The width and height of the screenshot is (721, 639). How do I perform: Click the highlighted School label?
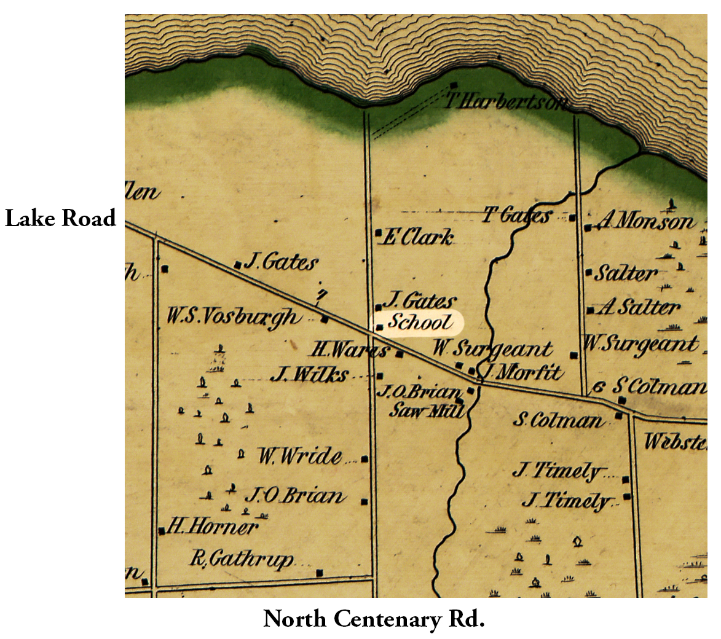(x=420, y=323)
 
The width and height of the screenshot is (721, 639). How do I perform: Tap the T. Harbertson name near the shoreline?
(x=505, y=101)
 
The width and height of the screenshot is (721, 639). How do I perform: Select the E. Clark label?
(x=418, y=237)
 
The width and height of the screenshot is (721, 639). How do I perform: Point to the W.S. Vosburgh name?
(x=234, y=317)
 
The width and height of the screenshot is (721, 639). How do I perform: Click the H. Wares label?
(x=349, y=350)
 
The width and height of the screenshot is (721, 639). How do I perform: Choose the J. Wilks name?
(x=310, y=374)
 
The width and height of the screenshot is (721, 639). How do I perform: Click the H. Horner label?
(x=213, y=526)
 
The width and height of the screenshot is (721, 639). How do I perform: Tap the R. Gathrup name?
(x=242, y=559)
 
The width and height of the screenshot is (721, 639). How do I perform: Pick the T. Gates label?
(x=516, y=215)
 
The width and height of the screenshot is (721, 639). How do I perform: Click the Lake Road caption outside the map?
(x=60, y=219)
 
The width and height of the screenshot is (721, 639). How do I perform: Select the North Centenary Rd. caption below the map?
(x=374, y=619)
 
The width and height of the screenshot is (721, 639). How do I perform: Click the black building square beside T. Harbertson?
(x=454, y=85)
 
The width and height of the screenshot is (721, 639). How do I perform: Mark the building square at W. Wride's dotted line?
(x=365, y=459)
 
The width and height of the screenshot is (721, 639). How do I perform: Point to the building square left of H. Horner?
(x=162, y=531)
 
